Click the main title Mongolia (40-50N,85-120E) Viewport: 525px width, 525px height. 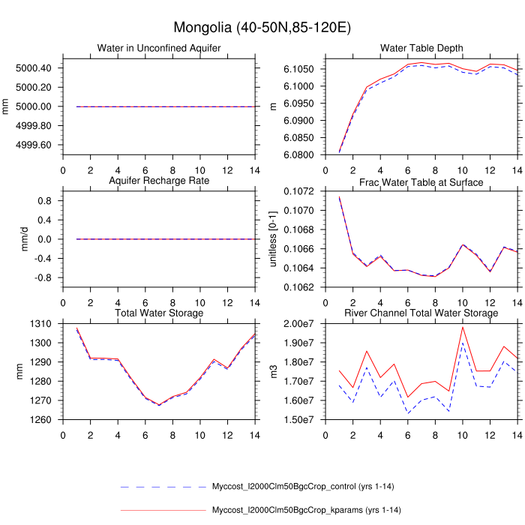point(262,28)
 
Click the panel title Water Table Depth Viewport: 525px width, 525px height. point(421,49)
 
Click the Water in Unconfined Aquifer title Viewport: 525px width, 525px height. point(158,49)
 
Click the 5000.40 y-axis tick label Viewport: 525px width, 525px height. point(34,68)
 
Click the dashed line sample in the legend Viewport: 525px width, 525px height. point(163,487)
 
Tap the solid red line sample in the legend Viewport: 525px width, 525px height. point(163,511)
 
